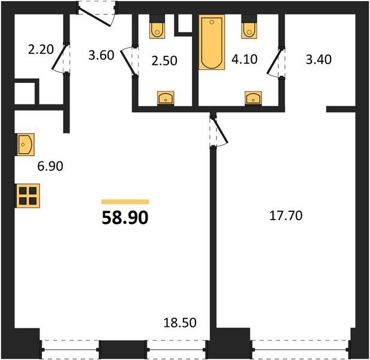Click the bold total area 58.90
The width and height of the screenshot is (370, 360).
pyautogui.click(x=125, y=217)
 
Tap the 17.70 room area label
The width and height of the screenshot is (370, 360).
pyautogui.click(x=286, y=215)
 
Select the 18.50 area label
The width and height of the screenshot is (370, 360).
pyautogui.click(x=180, y=323)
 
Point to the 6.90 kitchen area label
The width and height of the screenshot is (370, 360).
pyautogui.click(x=50, y=166)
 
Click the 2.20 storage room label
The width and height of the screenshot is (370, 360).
pyautogui.click(x=41, y=50)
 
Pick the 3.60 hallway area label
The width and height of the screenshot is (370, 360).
pyautogui.click(x=101, y=55)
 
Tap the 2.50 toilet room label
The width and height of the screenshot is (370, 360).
pyautogui.click(x=164, y=61)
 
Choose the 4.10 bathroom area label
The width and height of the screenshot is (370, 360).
pyautogui.click(x=244, y=59)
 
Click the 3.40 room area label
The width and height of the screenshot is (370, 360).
pyautogui.click(x=318, y=59)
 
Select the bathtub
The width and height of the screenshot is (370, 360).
pyautogui.click(x=212, y=42)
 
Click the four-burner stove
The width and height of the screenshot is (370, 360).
pyautogui.click(x=28, y=196)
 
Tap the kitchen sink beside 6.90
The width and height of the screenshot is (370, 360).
pyautogui.click(x=25, y=145)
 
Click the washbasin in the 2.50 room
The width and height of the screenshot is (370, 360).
pyautogui.click(x=166, y=98)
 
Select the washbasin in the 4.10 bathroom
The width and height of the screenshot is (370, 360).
pyautogui.click(x=253, y=98)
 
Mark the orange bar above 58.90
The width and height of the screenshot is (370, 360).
pyautogui.click(x=125, y=202)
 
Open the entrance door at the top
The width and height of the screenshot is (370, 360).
pyautogui.click(x=97, y=14)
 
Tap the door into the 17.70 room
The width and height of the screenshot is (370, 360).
pyautogui.click(x=218, y=131)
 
